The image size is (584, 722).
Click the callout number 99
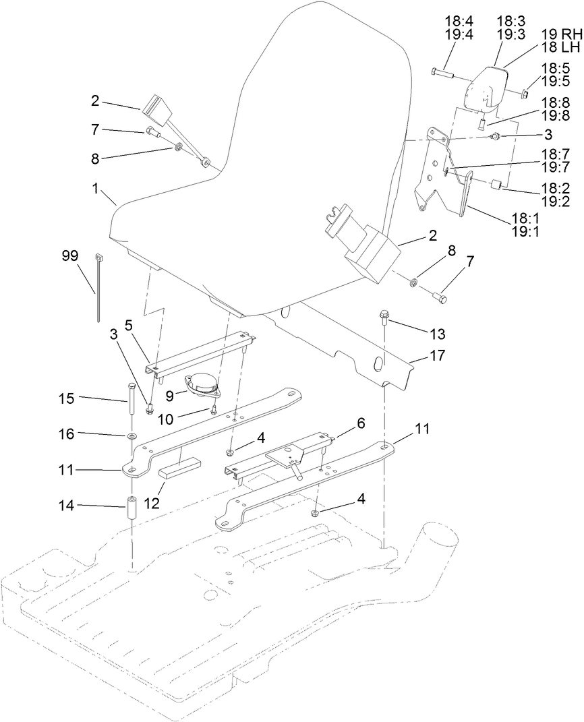click(69, 255)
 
